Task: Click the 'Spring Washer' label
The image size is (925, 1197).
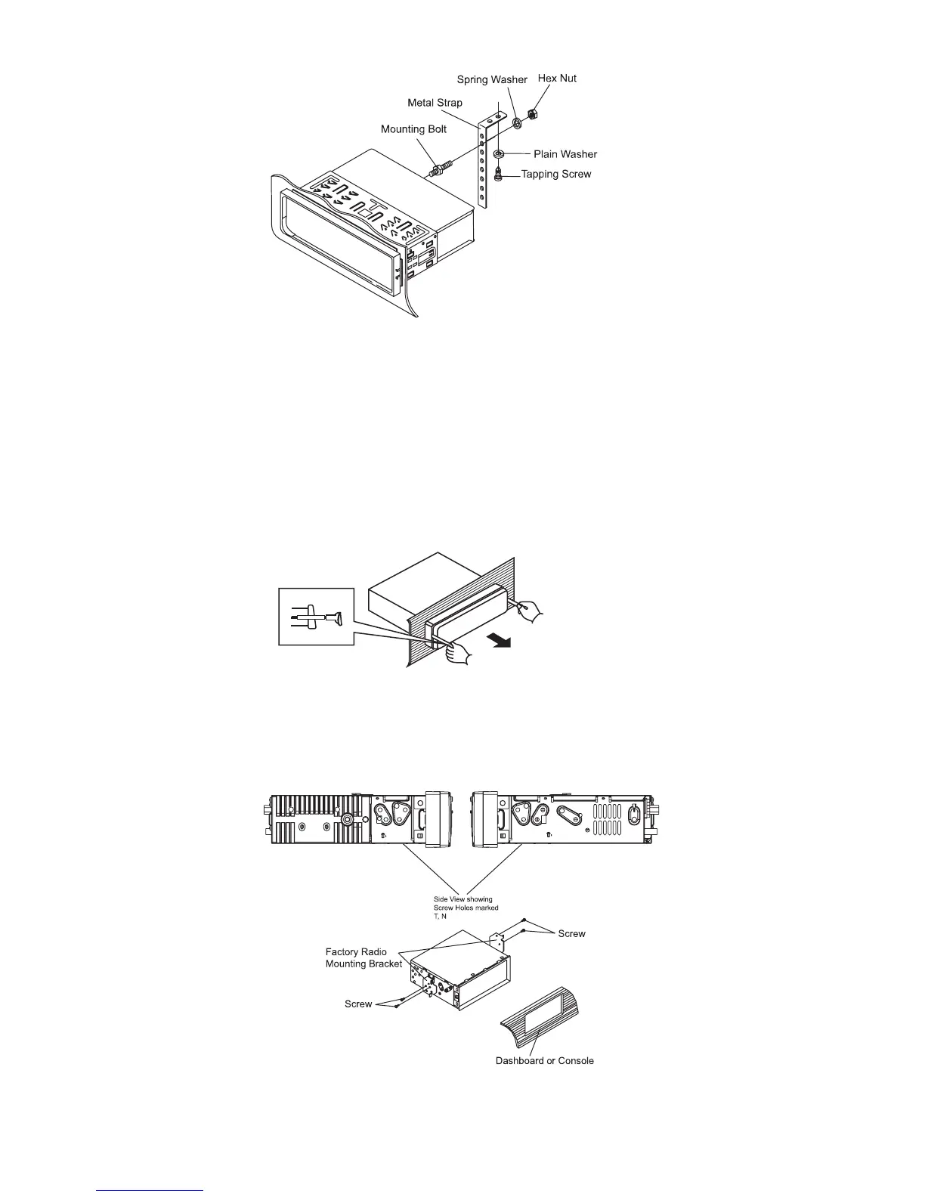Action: pyautogui.click(x=492, y=80)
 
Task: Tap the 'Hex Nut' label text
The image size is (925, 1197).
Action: pyautogui.click(x=556, y=78)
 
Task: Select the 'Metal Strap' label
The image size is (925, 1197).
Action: pyautogui.click(x=435, y=103)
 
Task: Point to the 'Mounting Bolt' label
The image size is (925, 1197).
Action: pyautogui.click(x=413, y=129)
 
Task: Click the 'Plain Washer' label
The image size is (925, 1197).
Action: pyautogui.click(x=565, y=154)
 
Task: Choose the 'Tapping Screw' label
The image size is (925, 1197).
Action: pyautogui.click(x=556, y=175)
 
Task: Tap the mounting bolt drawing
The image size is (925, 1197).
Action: pyautogui.click(x=441, y=168)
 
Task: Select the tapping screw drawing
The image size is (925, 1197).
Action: pyautogui.click(x=499, y=174)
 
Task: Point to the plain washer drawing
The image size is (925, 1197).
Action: pyautogui.click(x=500, y=154)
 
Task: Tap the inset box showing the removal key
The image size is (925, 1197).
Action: pyautogui.click(x=316, y=617)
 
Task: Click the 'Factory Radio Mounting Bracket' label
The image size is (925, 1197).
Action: pyautogui.click(x=364, y=958)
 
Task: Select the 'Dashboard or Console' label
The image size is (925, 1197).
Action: pyautogui.click(x=544, y=1061)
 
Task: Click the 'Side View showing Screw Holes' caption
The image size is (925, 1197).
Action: pyautogui.click(x=469, y=908)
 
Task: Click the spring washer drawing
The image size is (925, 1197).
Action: pyautogui.click(x=516, y=123)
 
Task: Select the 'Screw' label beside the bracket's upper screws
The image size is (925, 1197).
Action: pyautogui.click(x=571, y=934)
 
